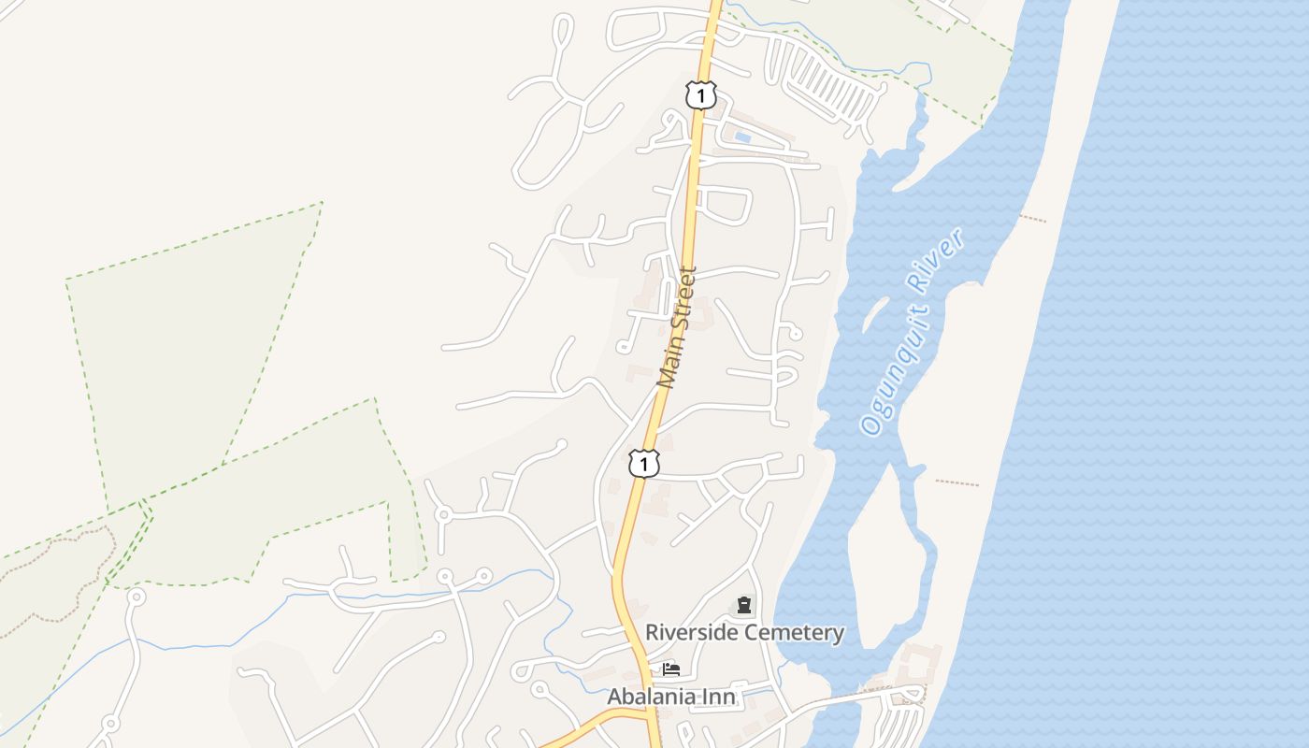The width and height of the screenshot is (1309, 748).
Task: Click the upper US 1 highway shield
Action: tap(700, 94)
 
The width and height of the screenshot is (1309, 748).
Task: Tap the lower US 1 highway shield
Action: tap(644, 463)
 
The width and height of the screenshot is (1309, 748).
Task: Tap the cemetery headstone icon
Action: tap(744, 605)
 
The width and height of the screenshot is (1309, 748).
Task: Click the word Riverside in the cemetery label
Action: tap(693, 633)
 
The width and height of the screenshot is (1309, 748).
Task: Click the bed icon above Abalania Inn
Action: tap(670, 669)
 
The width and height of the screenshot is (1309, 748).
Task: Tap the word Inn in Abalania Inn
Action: tap(721, 697)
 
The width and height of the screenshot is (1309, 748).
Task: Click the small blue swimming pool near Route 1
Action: tap(742, 137)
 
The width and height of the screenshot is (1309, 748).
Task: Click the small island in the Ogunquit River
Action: tap(875, 313)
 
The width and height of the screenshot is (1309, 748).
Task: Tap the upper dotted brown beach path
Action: tap(1033, 219)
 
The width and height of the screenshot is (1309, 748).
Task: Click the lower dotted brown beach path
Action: tap(957, 483)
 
